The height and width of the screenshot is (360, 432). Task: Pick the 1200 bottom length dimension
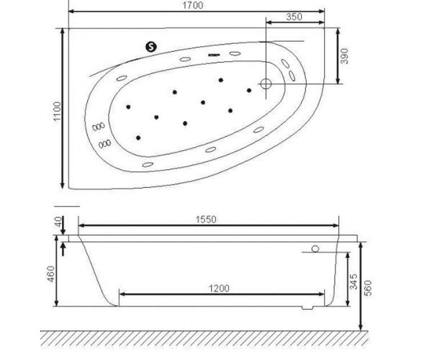[x=220, y=288]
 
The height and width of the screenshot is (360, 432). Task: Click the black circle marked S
[x=152, y=47]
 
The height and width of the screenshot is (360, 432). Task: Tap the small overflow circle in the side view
[x=315, y=249]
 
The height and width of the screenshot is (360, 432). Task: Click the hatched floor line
[x=216, y=337]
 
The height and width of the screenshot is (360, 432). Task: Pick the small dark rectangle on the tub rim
[x=214, y=54]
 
